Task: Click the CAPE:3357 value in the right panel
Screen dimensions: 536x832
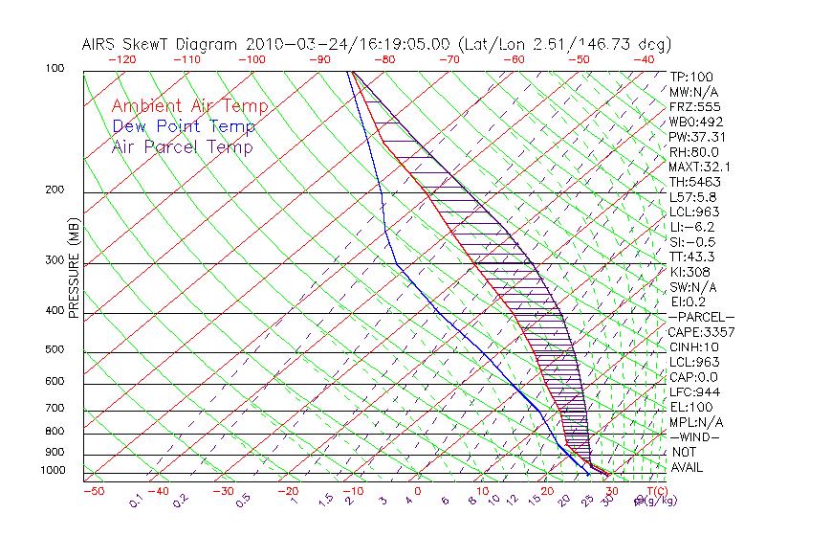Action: [x=701, y=332]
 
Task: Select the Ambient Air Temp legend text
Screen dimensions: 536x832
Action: [x=189, y=106]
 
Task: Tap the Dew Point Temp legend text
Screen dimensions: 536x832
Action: [x=184, y=126]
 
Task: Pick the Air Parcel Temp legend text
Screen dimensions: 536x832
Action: [x=182, y=146]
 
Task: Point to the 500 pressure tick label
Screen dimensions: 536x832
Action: [x=54, y=350]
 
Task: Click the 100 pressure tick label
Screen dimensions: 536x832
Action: [x=54, y=69]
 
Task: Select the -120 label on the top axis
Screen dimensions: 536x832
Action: [x=121, y=59]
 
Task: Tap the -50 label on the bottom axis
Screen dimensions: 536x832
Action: [x=93, y=491]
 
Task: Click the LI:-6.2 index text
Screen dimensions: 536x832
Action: [x=691, y=227]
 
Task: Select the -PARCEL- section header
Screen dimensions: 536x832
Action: [x=701, y=317]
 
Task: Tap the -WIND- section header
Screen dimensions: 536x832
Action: [x=694, y=437]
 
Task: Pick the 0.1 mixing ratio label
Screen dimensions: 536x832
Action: [x=136, y=499]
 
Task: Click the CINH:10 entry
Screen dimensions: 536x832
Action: [x=694, y=347]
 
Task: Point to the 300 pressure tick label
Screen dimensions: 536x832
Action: [x=54, y=259]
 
